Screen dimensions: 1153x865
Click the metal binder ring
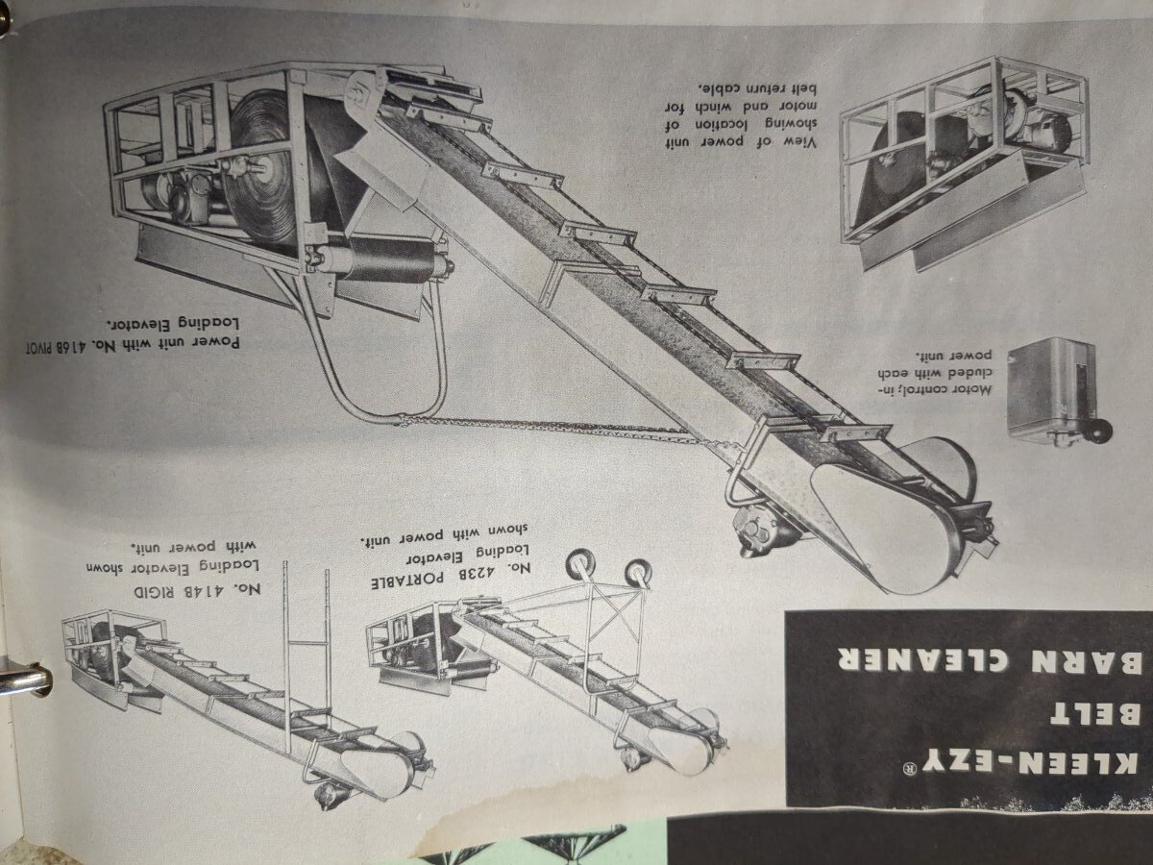(25, 681)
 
